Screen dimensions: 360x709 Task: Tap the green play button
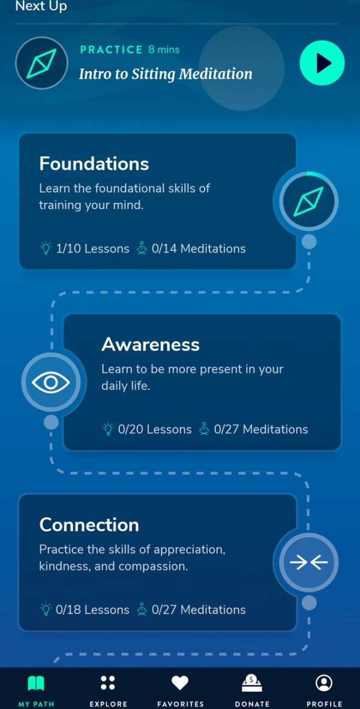coord(322,63)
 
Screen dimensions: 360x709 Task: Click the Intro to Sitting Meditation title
coord(166,74)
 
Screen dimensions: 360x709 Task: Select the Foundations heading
coord(94,164)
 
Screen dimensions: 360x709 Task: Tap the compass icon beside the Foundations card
coord(308,202)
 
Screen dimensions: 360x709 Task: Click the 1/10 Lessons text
coord(92,249)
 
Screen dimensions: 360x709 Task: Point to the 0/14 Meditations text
coord(199,249)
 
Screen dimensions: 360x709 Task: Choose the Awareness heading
coord(151,345)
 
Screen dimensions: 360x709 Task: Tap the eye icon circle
coord(51,382)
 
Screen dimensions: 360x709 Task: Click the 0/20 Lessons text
coord(155,430)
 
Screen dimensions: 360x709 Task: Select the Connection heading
coord(89,525)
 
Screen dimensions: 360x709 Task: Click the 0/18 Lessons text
coord(92,610)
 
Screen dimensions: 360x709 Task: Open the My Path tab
coord(36,690)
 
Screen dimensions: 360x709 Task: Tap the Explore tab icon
coord(108,683)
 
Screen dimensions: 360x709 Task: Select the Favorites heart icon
coord(180,683)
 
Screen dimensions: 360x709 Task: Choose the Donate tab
coord(252,690)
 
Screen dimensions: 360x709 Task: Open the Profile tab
coord(324,690)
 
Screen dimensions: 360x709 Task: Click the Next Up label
coord(41,7)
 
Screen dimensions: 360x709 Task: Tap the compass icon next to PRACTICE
coord(41,63)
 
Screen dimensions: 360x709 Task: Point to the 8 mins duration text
coord(164,49)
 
